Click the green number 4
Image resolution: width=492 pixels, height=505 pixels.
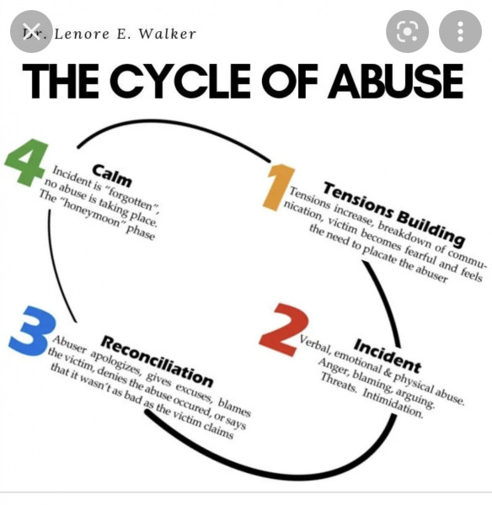25,162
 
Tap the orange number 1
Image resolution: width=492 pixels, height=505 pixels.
279,187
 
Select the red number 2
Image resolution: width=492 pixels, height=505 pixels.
284,329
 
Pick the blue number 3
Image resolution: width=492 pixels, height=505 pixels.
32,332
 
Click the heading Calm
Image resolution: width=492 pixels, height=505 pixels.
112,176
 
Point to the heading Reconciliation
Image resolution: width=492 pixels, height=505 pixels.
157,361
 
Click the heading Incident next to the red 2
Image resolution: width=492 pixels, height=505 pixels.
388,355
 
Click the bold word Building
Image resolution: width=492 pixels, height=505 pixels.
430,228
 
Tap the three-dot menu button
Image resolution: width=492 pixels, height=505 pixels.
460,32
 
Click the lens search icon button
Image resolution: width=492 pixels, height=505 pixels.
407,32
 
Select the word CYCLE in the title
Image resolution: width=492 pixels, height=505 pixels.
182,81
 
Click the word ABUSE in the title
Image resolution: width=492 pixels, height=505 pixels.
396,81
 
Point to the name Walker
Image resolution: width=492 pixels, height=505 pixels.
167,34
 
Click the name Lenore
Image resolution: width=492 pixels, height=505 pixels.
82,34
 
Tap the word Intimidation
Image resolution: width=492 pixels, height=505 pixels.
392,403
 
